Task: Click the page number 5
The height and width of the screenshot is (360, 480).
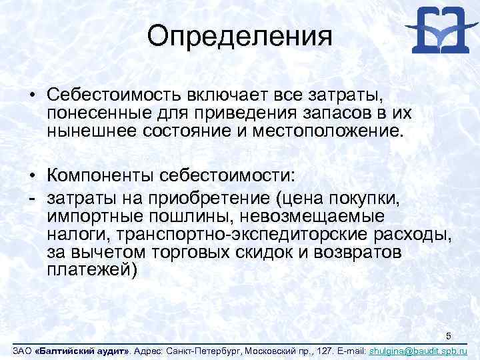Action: (x=449, y=335)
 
